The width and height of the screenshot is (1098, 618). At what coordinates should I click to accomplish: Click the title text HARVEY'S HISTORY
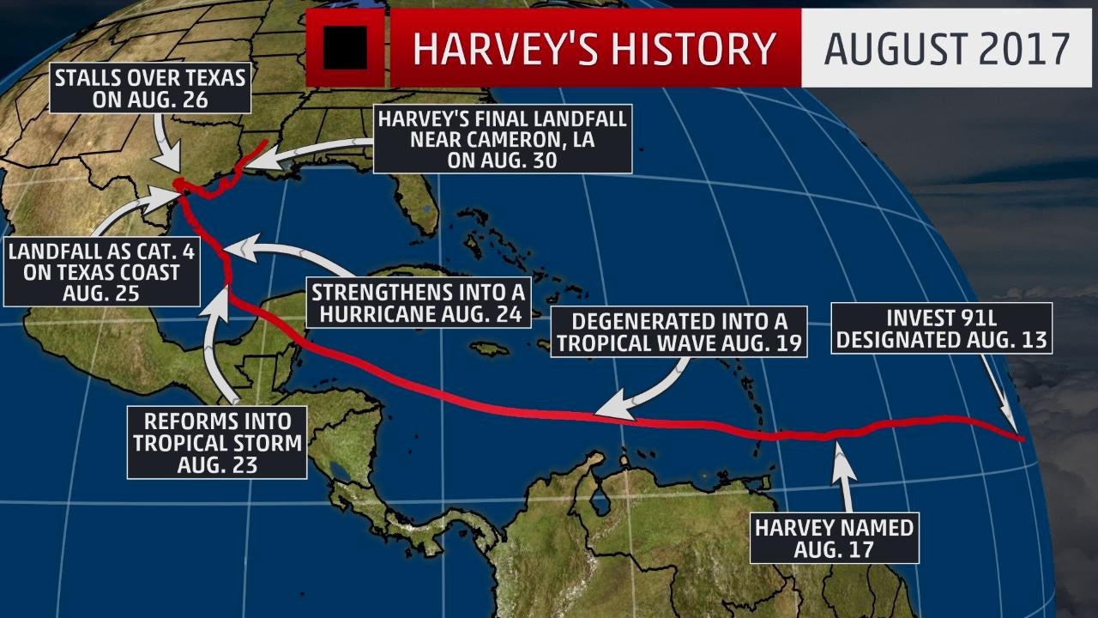[594, 49]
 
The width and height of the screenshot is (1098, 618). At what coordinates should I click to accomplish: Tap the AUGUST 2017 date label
[947, 49]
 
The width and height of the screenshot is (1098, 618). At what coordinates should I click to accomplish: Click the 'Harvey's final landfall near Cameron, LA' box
[504, 137]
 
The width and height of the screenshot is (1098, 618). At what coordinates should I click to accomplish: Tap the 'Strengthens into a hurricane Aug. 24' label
[418, 302]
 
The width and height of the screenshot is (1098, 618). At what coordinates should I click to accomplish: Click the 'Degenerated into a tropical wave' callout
[678, 332]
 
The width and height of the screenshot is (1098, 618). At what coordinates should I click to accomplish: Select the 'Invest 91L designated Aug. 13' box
[942, 328]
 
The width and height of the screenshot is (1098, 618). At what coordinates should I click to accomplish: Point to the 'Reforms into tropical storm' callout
[217, 443]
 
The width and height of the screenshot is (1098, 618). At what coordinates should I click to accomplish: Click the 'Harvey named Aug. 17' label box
[834, 537]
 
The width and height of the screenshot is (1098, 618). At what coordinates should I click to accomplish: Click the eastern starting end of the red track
[1021, 439]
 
